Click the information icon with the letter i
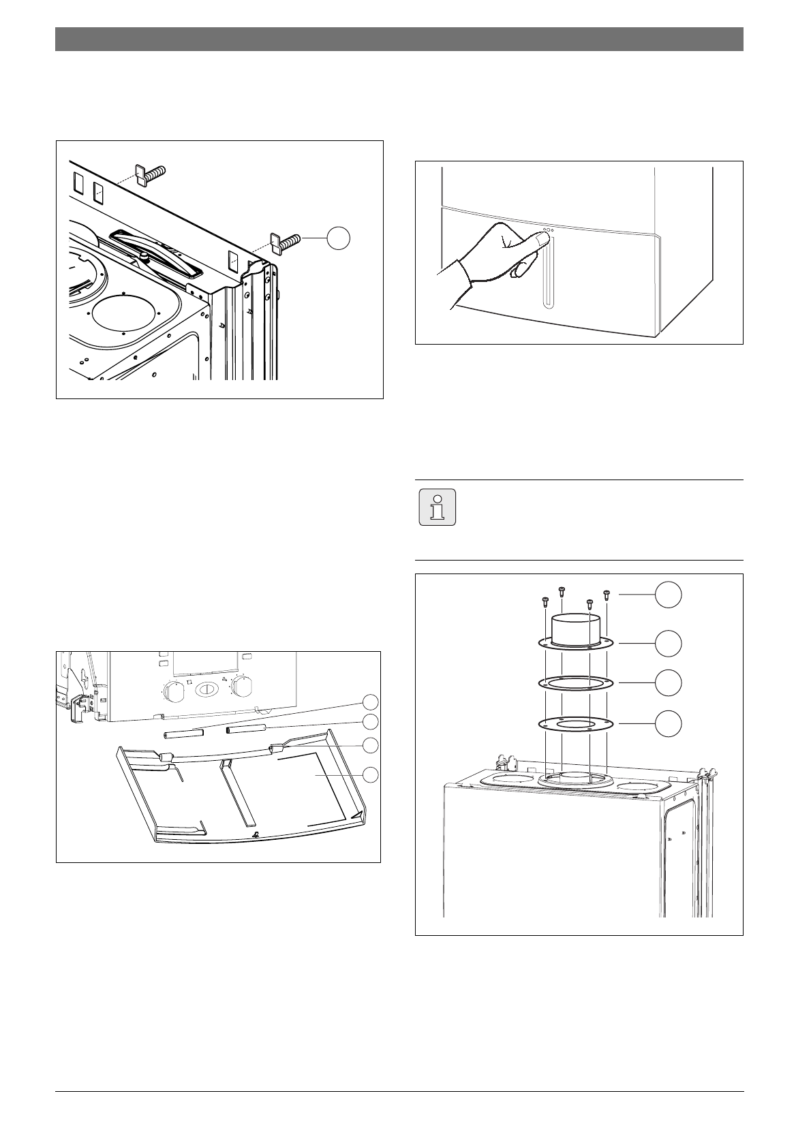[437, 506]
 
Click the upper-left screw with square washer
[151, 174]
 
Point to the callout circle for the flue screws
[669, 595]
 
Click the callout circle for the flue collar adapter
[669, 643]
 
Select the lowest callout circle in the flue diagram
[669, 723]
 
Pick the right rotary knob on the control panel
[241, 687]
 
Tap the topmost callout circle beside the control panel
[370, 702]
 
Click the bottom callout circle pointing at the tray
[370, 774]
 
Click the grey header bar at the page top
[399, 39]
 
